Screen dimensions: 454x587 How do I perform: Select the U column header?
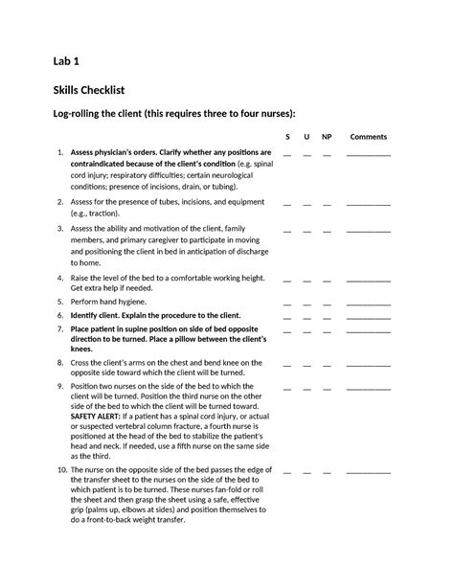click(x=306, y=136)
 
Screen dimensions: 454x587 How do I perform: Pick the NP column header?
click(x=328, y=136)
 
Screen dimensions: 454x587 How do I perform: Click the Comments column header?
click(x=368, y=136)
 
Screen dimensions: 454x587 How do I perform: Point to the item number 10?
click(x=60, y=472)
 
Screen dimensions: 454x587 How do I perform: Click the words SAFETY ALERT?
click(x=96, y=418)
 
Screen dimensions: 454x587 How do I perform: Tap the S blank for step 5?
click(x=287, y=303)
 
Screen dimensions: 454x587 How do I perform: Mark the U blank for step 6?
click(x=306, y=317)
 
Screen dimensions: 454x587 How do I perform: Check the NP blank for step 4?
click(x=328, y=280)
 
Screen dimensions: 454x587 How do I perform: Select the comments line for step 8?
click(x=368, y=366)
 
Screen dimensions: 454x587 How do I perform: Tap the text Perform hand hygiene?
click(x=108, y=301)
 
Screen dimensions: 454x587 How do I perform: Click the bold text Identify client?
click(x=99, y=315)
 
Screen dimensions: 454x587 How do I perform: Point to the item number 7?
click(x=60, y=328)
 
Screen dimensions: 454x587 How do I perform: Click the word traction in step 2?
click(x=102, y=214)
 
